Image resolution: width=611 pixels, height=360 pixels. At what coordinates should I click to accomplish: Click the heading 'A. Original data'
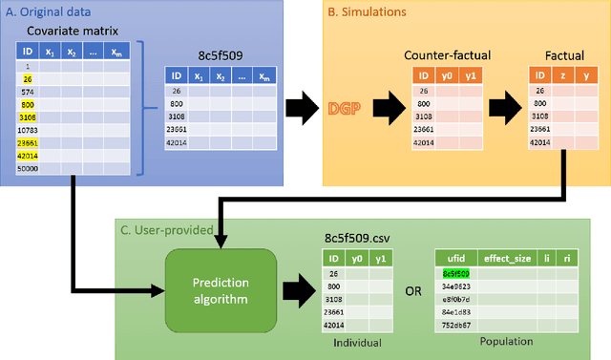(49, 11)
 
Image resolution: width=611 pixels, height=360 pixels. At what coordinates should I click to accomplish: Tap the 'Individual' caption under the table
(352, 341)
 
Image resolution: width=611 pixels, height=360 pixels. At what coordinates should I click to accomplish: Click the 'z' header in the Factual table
(560, 75)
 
